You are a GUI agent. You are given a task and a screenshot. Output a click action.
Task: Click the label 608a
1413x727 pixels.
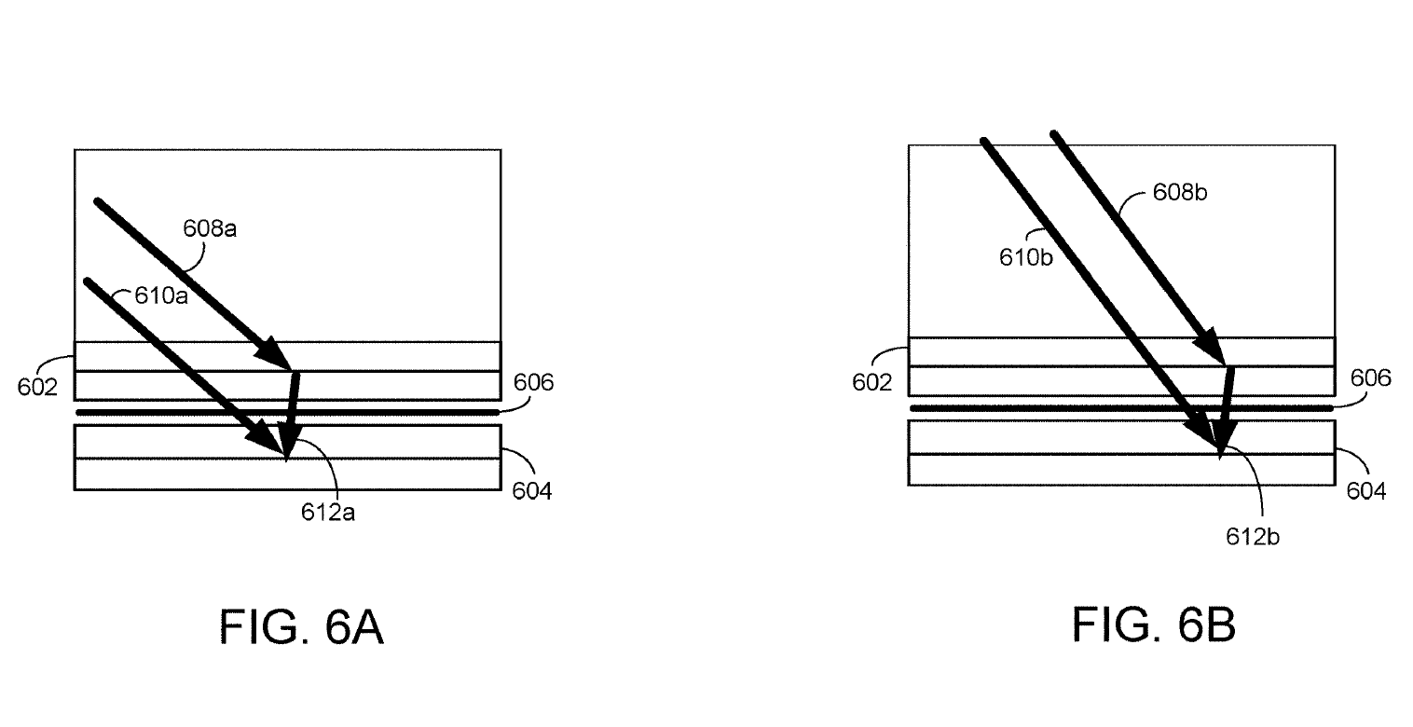tap(210, 228)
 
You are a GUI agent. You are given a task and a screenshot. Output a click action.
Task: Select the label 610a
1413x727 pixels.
tap(161, 295)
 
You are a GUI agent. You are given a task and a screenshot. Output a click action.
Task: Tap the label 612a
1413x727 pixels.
tap(327, 512)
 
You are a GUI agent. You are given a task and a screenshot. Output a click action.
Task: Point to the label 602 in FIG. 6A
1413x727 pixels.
tap(37, 387)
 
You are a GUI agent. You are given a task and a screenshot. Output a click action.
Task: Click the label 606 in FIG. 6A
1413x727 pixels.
tap(533, 382)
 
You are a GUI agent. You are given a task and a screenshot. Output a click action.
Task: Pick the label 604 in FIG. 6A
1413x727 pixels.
tap(532, 490)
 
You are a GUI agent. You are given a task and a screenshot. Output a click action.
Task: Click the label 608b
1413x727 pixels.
tap(1180, 192)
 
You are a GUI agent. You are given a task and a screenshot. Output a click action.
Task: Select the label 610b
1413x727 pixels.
tap(1025, 257)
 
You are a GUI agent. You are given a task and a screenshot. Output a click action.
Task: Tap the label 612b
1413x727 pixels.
tap(1252, 537)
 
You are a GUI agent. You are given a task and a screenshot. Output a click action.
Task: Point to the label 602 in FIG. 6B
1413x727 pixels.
tap(871, 382)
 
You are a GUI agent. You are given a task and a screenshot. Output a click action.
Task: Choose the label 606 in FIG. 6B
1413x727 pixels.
tap(1370, 377)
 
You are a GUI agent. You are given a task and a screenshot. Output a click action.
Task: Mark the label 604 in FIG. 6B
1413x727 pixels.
tap(1365, 490)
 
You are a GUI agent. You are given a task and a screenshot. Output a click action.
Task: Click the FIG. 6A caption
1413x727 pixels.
tap(301, 626)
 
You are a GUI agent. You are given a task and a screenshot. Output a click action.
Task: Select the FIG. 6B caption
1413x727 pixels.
tap(1153, 624)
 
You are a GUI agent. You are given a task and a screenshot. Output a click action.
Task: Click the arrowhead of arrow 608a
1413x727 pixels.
tap(290, 369)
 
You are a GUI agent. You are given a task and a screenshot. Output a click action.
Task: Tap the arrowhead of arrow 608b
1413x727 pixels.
tap(1224, 364)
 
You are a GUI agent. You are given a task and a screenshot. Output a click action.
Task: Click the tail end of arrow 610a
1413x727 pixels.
tap(87, 280)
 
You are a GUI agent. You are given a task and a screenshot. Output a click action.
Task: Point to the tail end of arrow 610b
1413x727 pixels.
tap(984, 141)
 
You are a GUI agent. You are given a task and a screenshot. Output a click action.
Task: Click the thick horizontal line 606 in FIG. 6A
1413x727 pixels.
tap(288, 412)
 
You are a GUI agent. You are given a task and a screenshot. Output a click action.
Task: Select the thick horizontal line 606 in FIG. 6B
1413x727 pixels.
tap(1121, 408)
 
